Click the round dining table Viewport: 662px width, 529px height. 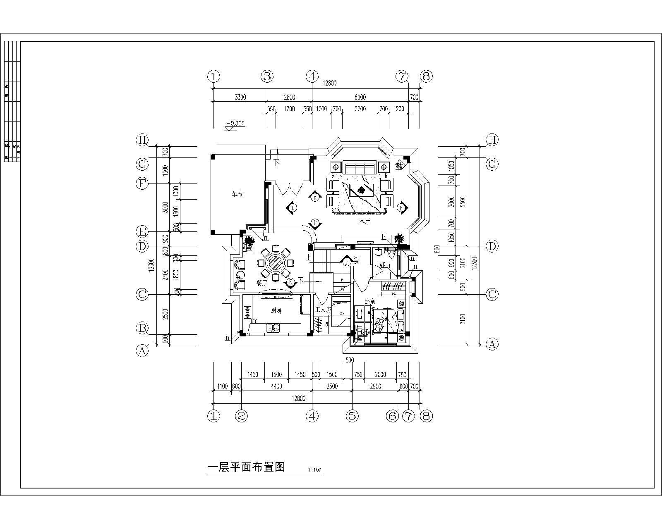(x=275, y=262)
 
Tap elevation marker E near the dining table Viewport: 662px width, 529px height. (x=290, y=282)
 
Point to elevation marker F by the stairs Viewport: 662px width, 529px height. (x=346, y=261)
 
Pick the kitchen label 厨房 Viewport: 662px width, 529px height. (x=276, y=311)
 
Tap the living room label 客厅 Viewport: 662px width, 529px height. (x=364, y=222)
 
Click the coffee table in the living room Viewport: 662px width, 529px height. (x=362, y=191)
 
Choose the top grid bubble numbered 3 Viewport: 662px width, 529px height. (x=267, y=76)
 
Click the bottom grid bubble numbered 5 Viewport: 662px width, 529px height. (x=352, y=416)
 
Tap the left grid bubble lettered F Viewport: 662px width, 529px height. (x=142, y=183)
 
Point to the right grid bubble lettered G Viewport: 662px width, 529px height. (x=492, y=164)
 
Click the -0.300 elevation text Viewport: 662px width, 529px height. (x=235, y=123)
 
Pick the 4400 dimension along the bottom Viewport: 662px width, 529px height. (x=276, y=386)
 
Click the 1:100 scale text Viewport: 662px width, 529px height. (x=315, y=470)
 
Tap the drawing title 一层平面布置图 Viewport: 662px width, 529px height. (x=246, y=467)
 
